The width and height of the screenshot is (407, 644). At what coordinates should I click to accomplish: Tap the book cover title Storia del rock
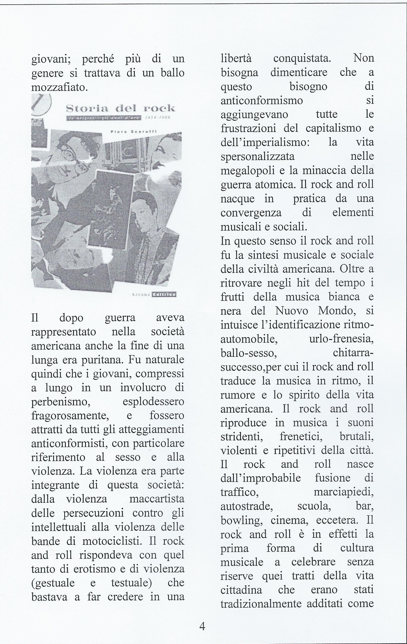pos(120,109)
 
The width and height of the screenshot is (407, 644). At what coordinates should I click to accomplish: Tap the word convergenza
pos(251,212)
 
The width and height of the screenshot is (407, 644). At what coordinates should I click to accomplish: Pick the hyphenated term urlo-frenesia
pos(341,339)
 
